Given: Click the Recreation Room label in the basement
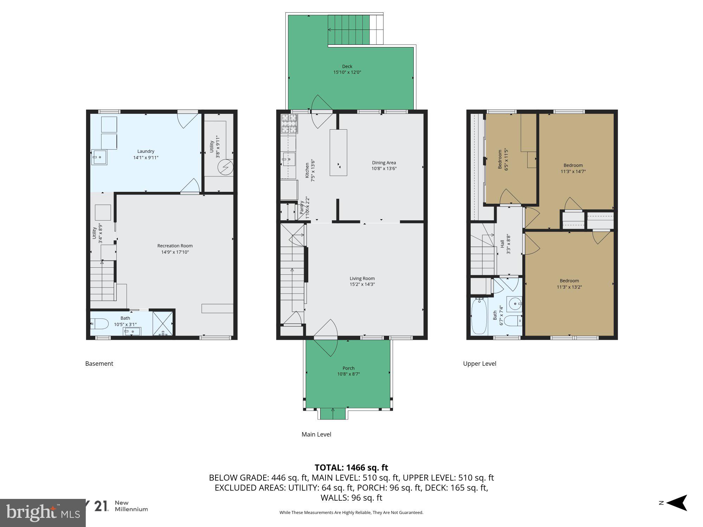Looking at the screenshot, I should [175, 246].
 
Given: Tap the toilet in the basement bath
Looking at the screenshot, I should [99, 324].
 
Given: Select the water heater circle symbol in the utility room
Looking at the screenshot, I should [225, 167].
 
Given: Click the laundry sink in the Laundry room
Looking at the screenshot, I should [99, 157].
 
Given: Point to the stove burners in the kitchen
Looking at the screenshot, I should [289, 124].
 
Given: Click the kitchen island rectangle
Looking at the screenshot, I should [338, 152].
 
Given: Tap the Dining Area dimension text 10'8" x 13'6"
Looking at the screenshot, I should [384, 168].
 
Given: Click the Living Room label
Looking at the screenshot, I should [362, 278].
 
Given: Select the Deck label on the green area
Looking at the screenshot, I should [347, 66].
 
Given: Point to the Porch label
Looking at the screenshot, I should [348, 368].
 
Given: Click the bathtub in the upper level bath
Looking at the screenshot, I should [478, 316].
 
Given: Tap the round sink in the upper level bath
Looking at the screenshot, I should [515, 302].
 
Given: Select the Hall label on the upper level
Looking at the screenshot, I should [502, 244].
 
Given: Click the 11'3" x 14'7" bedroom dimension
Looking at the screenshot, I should [573, 171].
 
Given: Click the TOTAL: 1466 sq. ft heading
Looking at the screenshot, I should [351, 468].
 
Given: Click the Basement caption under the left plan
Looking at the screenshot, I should [99, 364].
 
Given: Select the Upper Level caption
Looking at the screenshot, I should [479, 364].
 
